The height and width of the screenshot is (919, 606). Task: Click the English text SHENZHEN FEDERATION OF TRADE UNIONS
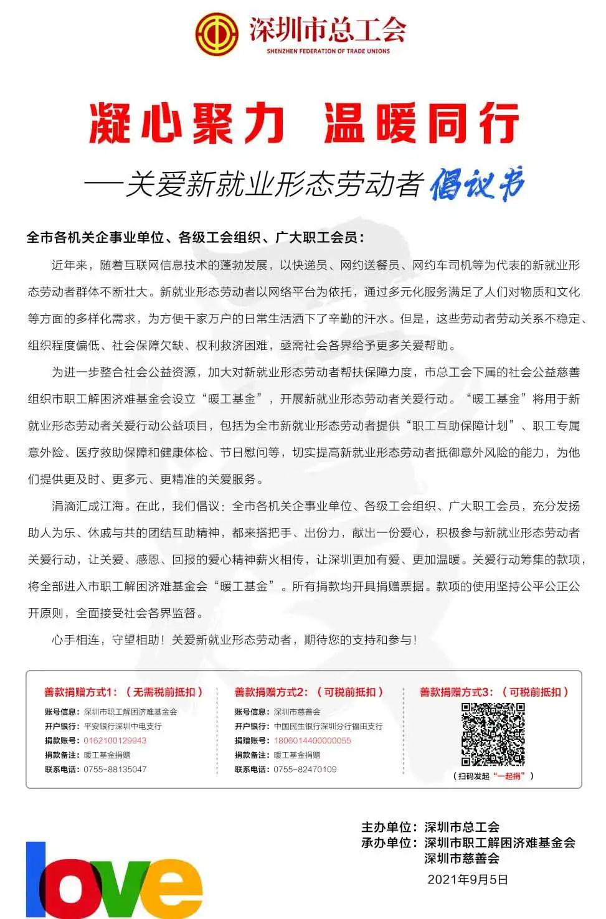(328, 51)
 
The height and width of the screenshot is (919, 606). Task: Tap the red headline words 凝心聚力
(186, 124)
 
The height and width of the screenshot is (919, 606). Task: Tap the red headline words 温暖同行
(421, 124)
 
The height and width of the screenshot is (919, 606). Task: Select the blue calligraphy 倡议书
(477, 185)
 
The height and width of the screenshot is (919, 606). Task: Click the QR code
(492, 734)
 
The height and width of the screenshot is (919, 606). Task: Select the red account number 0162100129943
(115, 740)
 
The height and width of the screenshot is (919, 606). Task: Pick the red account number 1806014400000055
(312, 740)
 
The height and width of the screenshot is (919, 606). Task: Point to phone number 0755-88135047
(115, 769)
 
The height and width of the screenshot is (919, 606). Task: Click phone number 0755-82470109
(305, 769)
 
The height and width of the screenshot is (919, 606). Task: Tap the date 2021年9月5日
(468, 880)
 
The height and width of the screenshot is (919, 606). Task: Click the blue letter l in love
(36, 878)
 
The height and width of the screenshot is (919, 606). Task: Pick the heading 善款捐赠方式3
(456, 692)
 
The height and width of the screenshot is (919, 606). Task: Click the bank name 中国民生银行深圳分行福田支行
(328, 726)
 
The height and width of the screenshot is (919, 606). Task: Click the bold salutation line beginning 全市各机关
(195, 237)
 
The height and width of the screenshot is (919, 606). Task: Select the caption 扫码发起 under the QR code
(474, 776)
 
